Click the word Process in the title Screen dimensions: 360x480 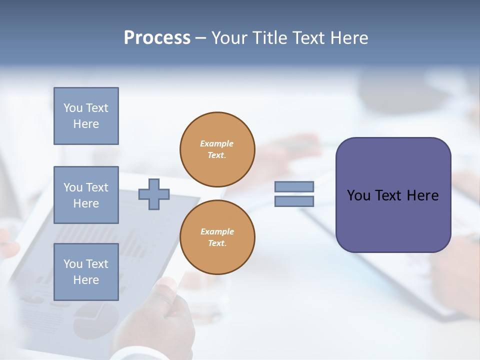[157, 38]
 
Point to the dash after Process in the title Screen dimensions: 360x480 [201, 38]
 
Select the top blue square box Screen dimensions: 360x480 [86, 116]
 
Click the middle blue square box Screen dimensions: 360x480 [86, 195]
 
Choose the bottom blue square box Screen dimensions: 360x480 [86, 272]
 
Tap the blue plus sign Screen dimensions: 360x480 [154, 194]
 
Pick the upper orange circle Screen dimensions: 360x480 [217, 149]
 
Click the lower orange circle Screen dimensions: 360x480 [217, 237]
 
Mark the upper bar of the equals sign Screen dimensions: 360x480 [294, 186]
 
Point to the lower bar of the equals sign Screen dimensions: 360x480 [294, 201]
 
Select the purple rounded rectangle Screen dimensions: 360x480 [393, 195]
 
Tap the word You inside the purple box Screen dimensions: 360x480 [358, 195]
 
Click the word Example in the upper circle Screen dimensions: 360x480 [217, 143]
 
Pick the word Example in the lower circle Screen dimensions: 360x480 [217, 231]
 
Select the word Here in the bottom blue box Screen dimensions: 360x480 [86, 280]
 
